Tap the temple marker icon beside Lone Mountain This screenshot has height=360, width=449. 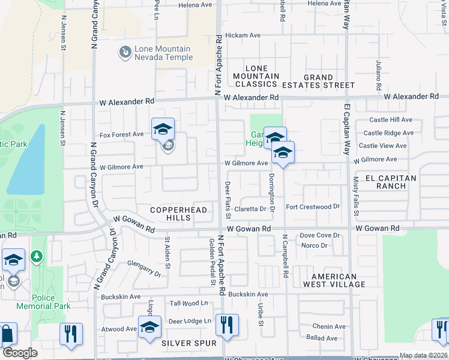point(125,53)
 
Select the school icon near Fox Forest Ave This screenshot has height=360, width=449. point(163,129)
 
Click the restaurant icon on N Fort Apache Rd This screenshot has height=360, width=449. point(227,325)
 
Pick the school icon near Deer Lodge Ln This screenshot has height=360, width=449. point(150,327)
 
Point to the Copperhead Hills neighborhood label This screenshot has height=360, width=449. point(178,214)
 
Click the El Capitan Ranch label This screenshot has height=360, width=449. point(390,182)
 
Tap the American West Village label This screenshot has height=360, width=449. point(334,280)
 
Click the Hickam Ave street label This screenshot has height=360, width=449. point(243,35)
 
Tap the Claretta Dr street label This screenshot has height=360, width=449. point(250,209)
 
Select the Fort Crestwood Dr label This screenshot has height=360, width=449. point(313,207)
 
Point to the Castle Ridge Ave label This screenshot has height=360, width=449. point(388,133)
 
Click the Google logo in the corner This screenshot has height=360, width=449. point(20,353)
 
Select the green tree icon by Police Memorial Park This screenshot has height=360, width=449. point(37,257)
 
